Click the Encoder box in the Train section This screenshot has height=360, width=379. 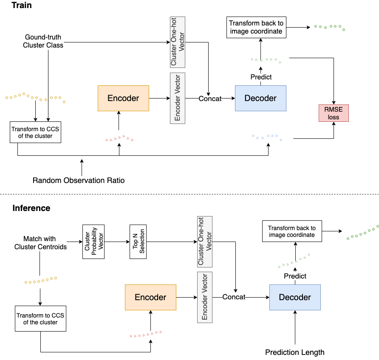(123, 98)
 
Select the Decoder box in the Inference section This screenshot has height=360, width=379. (295, 297)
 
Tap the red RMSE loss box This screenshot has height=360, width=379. (334, 112)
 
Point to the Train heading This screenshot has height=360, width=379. (22, 6)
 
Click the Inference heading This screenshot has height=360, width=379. (31, 208)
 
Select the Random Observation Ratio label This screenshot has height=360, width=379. (79, 180)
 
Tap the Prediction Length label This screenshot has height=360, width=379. (294, 352)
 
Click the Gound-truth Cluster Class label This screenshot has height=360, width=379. (43, 42)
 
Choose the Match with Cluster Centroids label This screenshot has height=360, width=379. (40, 243)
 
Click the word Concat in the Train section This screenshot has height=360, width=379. (210, 98)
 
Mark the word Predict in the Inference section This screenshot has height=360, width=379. (295, 276)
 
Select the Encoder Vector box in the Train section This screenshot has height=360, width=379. (178, 98)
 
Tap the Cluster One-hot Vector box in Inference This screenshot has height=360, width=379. (205, 241)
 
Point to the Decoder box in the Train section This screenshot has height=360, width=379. (260, 98)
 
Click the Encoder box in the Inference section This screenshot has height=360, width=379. (150, 297)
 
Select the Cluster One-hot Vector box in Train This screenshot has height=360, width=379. (178, 42)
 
